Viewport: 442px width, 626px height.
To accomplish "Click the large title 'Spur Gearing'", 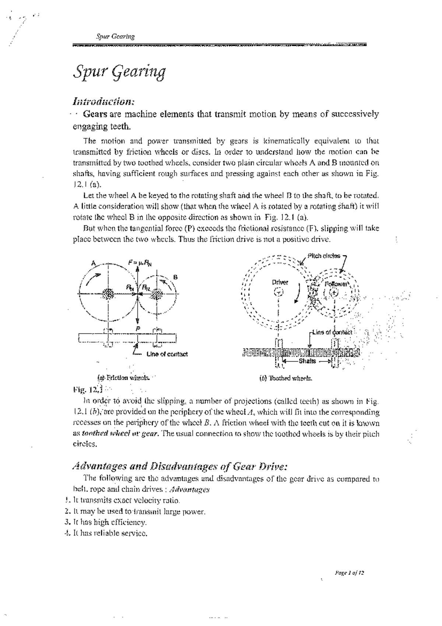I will pos(119,72).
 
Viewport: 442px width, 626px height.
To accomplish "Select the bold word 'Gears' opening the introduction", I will pos(95,114).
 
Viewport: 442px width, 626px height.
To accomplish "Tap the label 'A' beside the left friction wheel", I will pos(94,263).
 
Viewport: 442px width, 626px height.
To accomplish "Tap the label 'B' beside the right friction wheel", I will pos(175,277).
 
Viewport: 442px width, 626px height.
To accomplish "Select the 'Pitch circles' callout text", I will pos(324,256).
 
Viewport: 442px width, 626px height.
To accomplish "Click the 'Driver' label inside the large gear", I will pos(280,282).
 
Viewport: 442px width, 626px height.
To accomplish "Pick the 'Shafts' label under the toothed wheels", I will pos(307,361).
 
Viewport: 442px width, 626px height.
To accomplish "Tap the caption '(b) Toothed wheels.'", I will pos(286,378).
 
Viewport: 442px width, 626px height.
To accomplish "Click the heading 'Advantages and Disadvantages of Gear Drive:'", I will pos(179,467).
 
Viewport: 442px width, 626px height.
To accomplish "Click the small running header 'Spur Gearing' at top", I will pos(115,36).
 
